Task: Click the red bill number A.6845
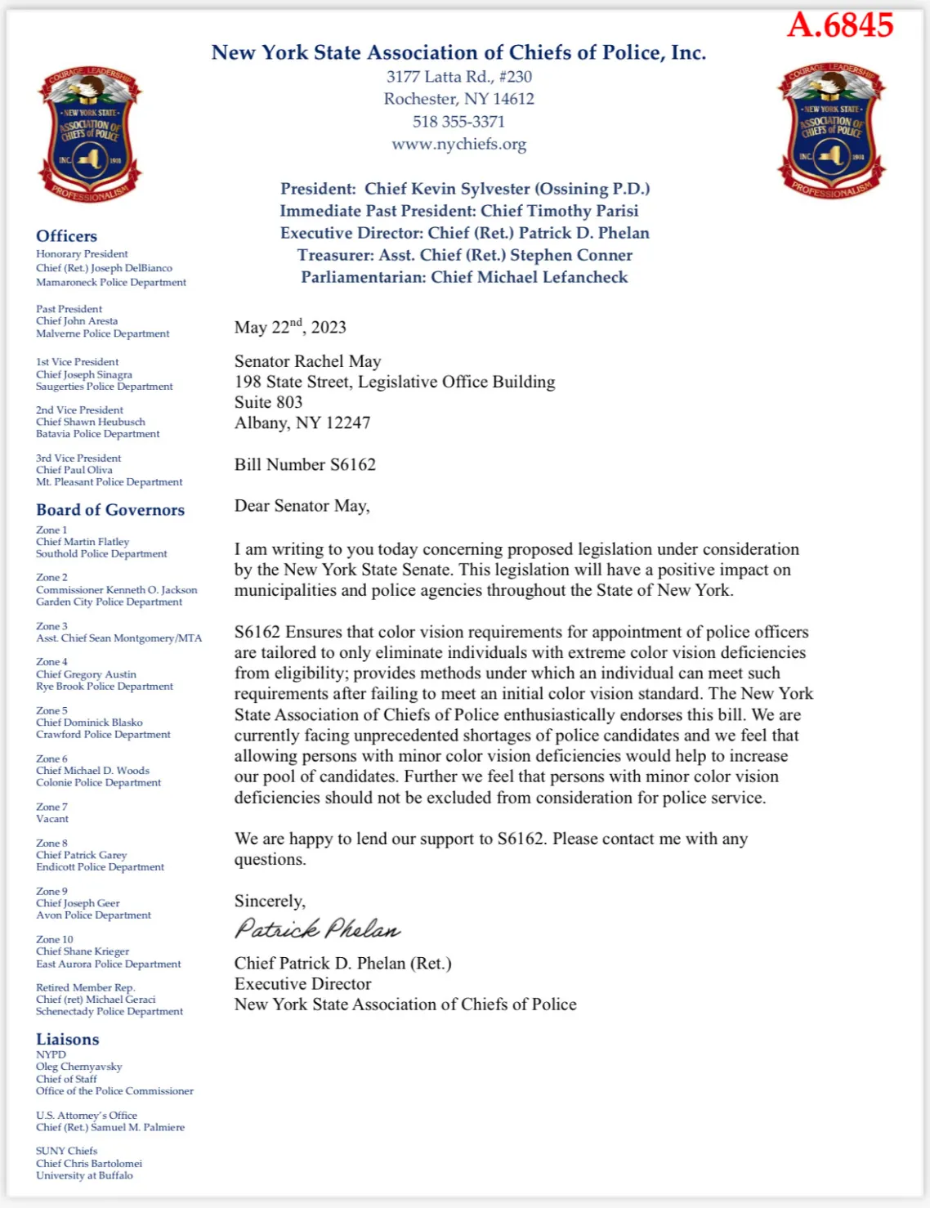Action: pos(840,25)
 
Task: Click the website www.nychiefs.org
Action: pos(458,145)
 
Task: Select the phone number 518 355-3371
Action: pos(458,122)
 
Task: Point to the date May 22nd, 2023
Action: pos(290,327)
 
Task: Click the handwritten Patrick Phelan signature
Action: pos(317,928)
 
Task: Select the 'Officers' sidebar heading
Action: pos(66,236)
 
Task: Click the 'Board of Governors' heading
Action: pos(110,510)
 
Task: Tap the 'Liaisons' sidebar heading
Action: pos(67,1040)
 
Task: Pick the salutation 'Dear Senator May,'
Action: pos(302,506)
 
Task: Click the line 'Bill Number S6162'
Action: pos(305,465)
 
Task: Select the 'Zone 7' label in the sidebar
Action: pos(51,807)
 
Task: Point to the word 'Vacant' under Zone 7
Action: pos(52,819)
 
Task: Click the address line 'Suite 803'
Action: pos(268,402)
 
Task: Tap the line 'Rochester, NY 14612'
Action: pos(458,99)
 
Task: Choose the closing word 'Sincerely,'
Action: pos(270,901)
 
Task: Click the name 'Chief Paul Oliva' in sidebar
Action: pos(74,470)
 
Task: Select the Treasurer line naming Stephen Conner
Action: pos(464,255)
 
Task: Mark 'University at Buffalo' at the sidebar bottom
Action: pos(84,1175)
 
